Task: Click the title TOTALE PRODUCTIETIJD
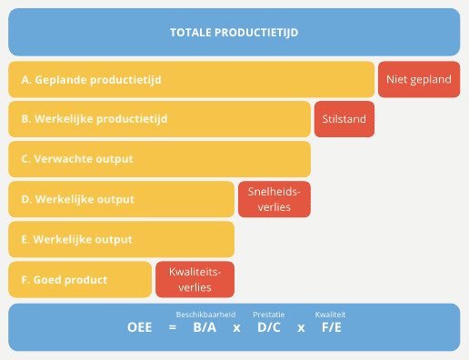pos(234,33)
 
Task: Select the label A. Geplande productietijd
pos(91,80)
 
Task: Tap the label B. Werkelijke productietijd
pos(94,119)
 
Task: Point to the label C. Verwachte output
pos(76,159)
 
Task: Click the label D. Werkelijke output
pos(77,199)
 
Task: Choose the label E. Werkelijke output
pos(76,239)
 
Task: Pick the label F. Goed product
pos(64,279)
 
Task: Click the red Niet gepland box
pos(418,80)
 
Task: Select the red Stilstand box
pos(344,119)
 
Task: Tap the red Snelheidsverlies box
pos(274,199)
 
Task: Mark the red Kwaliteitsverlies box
pos(195,279)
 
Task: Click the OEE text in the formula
pos(140,327)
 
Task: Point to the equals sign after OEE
pos(172,327)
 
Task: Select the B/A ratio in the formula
pos(205,327)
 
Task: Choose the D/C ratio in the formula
pos(268,327)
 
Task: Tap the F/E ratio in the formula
pos(331,327)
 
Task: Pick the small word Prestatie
pos(268,314)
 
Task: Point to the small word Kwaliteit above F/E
pos(330,314)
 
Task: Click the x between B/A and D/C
pos(236,327)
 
